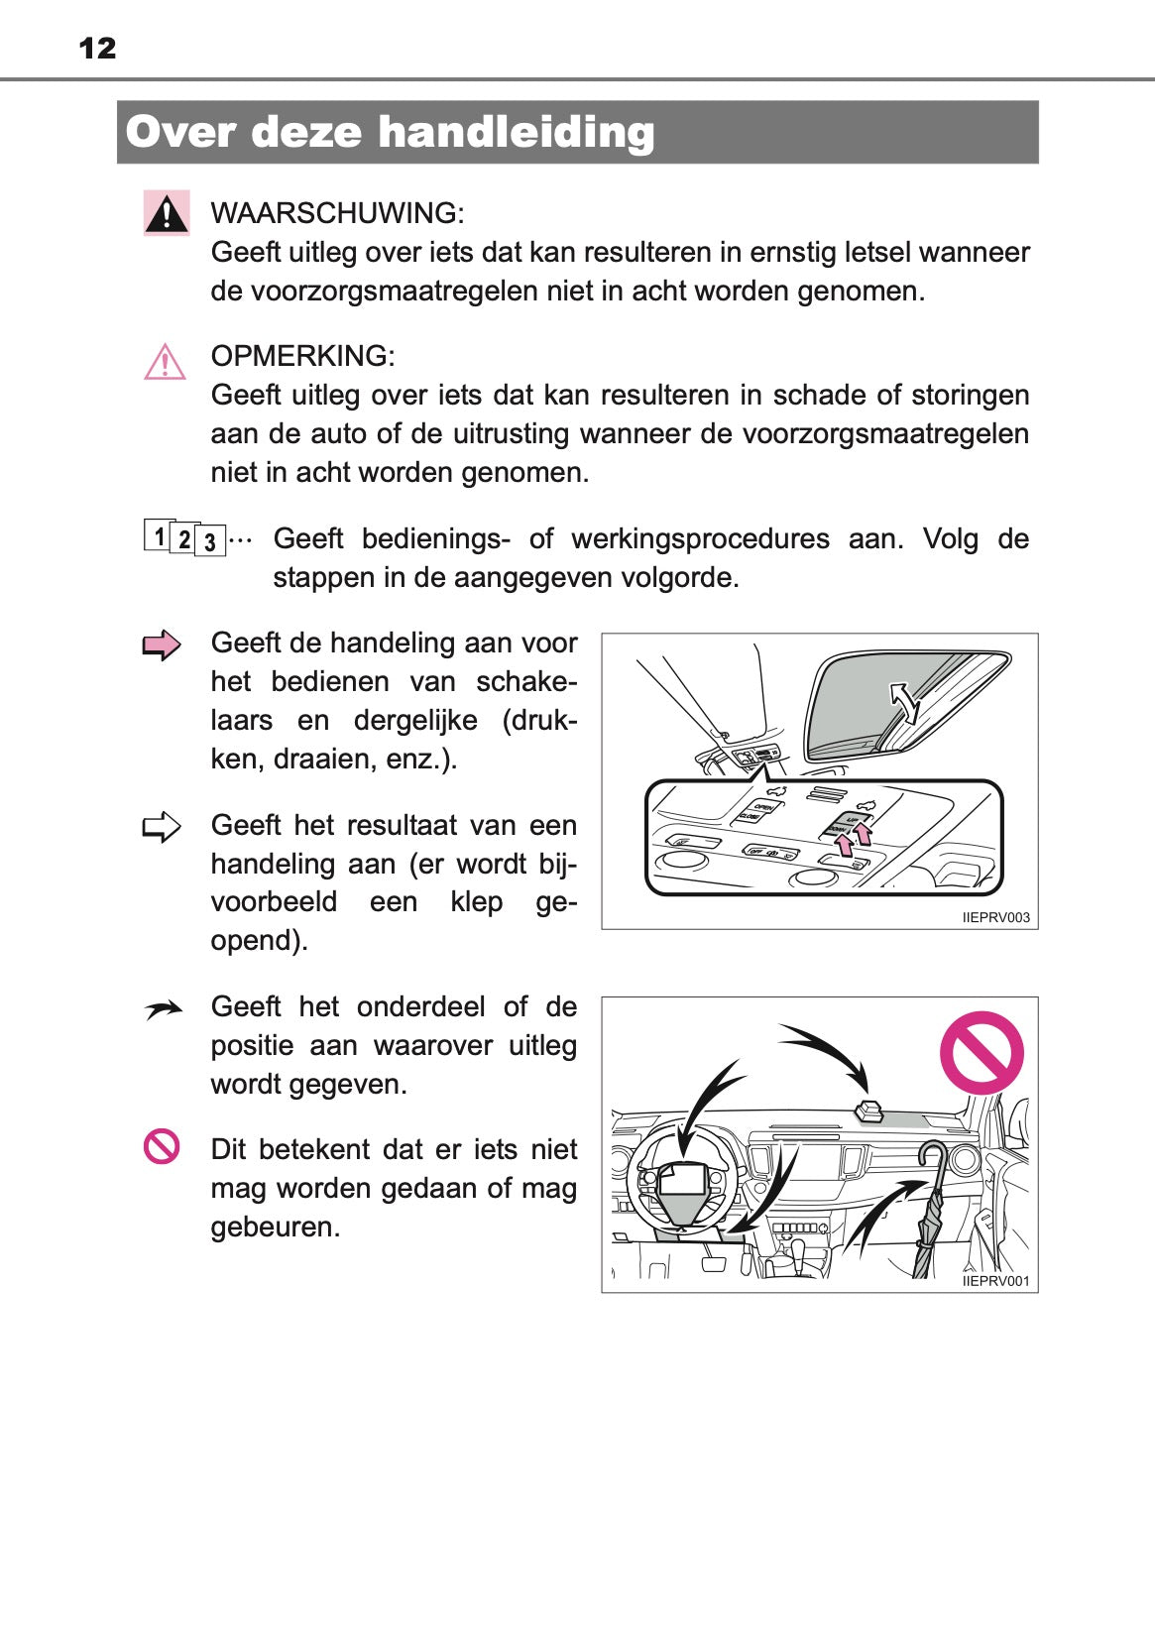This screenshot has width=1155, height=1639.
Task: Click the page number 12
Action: click(x=97, y=48)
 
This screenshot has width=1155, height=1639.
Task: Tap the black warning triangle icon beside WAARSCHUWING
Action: click(x=167, y=213)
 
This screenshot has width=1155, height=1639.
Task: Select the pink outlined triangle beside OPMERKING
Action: click(x=165, y=362)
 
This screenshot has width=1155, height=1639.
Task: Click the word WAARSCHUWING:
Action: click(x=337, y=213)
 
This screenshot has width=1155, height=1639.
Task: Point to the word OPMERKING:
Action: click(x=302, y=356)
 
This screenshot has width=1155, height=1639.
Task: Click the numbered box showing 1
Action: click(x=159, y=535)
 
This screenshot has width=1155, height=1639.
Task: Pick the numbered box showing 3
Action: click(x=209, y=541)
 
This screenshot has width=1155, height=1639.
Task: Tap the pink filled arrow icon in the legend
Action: click(x=162, y=645)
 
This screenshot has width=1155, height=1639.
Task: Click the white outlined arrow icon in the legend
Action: click(x=162, y=827)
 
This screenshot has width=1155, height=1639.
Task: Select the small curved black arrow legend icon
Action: click(x=164, y=1009)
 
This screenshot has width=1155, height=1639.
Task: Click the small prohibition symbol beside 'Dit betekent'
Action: click(x=162, y=1146)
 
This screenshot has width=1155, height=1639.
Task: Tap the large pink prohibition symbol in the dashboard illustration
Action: click(x=981, y=1052)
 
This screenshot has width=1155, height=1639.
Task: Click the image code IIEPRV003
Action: click(x=995, y=918)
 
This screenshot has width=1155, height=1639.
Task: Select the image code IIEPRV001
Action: click(x=995, y=1281)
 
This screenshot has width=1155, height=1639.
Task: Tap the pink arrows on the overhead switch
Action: click(x=853, y=839)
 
